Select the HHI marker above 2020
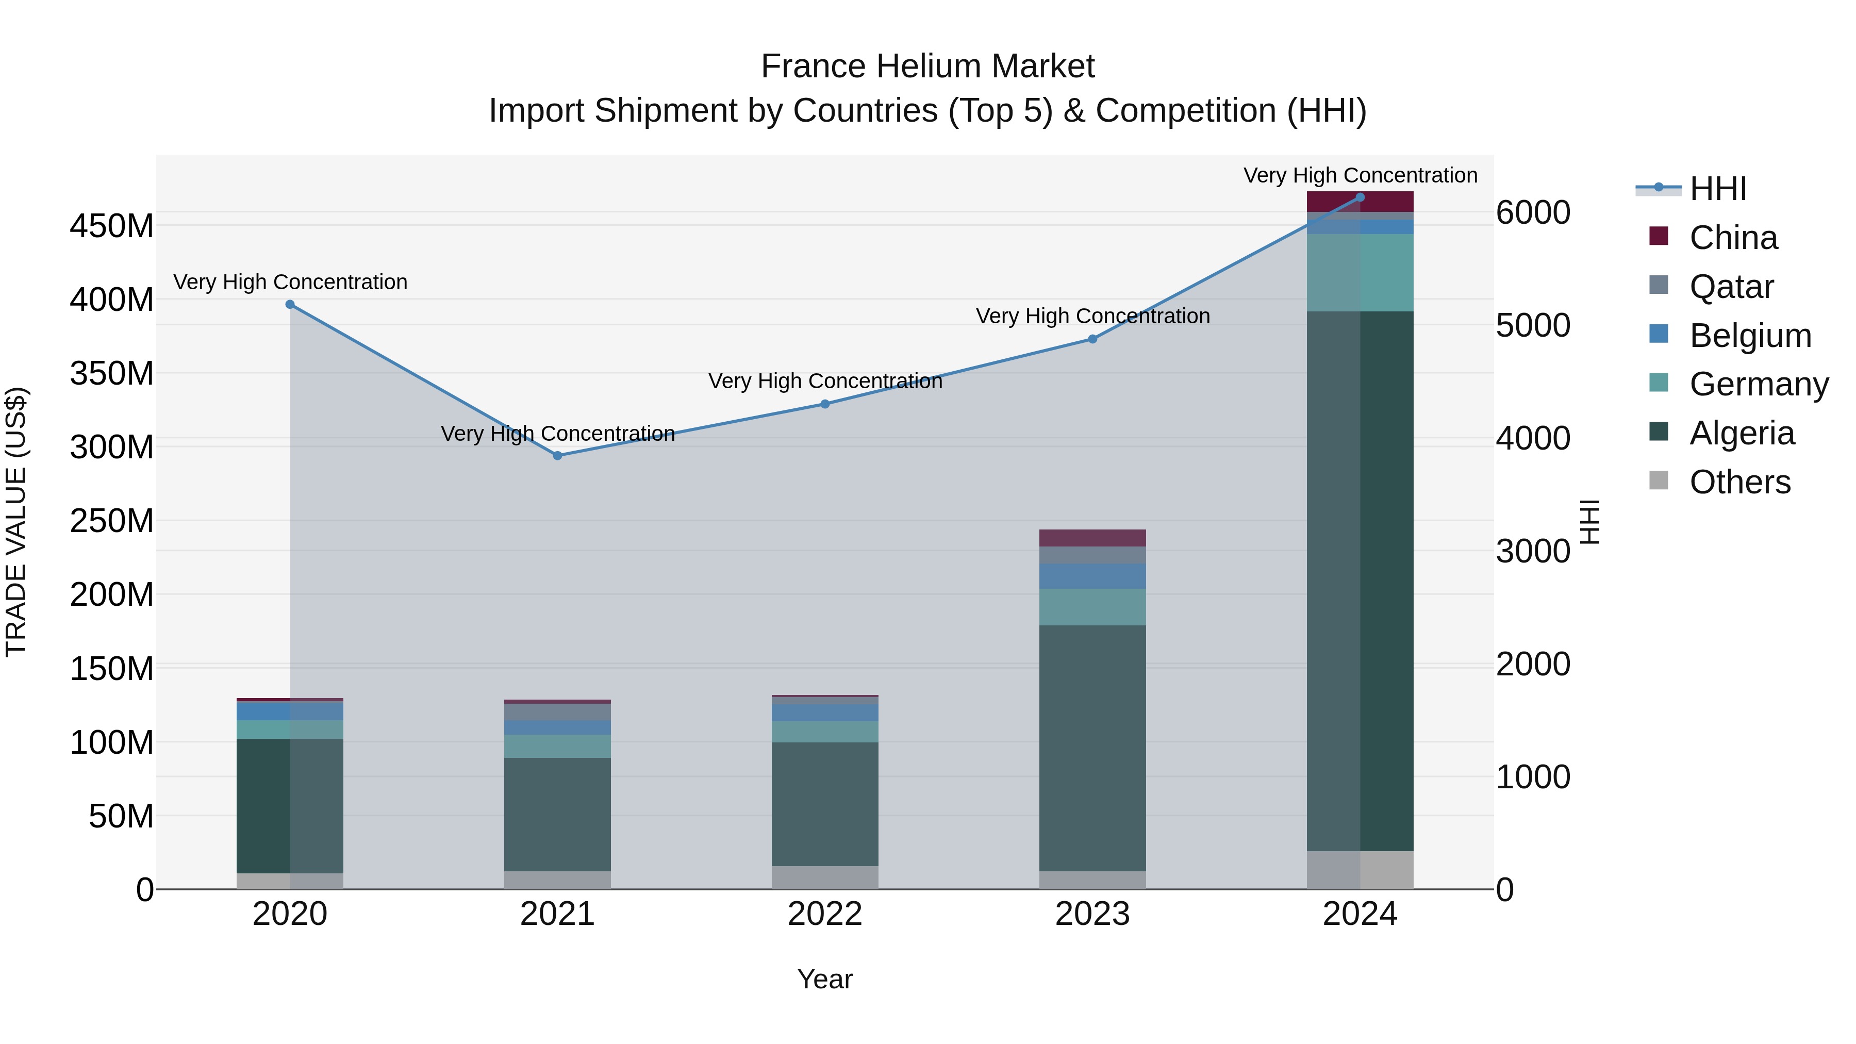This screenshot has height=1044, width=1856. [x=290, y=305]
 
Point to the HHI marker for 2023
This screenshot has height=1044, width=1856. [x=1092, y=339]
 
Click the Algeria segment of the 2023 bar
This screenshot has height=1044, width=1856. [x=1092, y=748]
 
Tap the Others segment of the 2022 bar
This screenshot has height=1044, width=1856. [x=825, y=877]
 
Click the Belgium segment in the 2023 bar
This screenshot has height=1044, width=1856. [x=1092, y=576]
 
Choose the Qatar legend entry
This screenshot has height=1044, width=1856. [x=1731, y=287]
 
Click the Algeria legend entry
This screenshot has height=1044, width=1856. [x=1742, y=433]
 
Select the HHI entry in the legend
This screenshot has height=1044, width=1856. [x=1718, y=189]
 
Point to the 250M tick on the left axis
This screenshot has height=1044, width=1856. [x=112, y=521]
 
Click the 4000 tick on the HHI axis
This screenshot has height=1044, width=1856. [x=1533, y=438]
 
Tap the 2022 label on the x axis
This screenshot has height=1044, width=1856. [x=825, y=914]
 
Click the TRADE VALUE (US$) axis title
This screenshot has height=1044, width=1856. [x=16, y=522]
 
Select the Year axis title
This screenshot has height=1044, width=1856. [x=825, y=979]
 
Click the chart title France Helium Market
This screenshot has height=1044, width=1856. [x=927, y=67]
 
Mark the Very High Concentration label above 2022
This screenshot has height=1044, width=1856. [x=825, y=381]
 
